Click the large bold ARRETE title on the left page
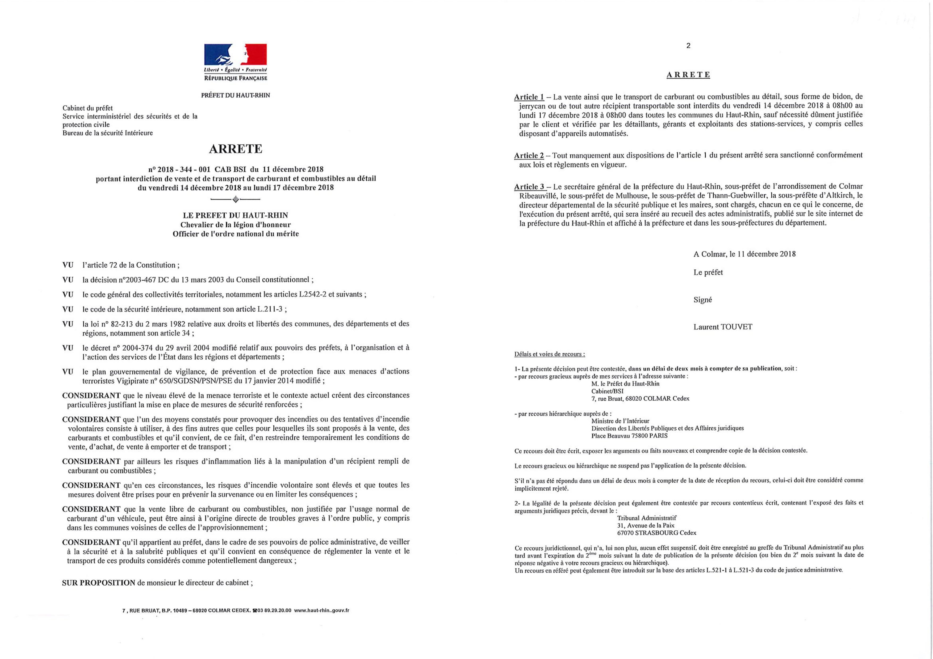tap(235, 149)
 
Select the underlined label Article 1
tap(529, 97)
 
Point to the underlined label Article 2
tap(529, 155)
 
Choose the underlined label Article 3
tap(529, 187)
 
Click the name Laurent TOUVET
tap(722, 327)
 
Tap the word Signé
tap(702, 300)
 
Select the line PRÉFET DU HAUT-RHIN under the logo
tap(235, 95)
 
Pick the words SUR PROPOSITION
tap(98, 583)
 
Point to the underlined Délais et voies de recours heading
tap(549, 354)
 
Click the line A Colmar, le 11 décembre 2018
tap(744, 254)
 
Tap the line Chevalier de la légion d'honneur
tap(235, 224)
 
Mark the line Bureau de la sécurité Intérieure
tap(108, 133)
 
